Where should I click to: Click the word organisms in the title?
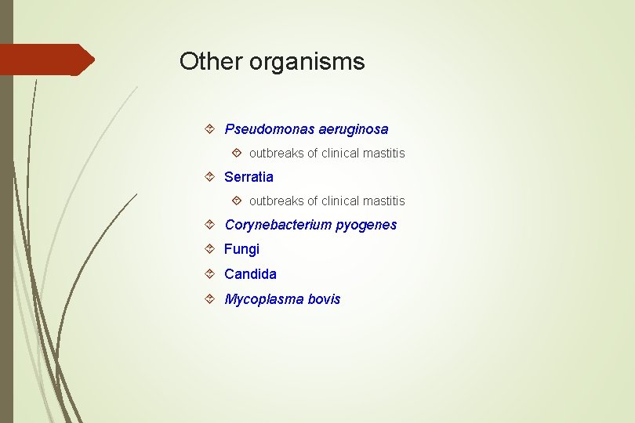coord(307,63)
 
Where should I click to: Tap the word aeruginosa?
coord(354,129)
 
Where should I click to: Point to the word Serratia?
coord(249,177)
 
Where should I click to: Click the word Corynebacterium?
coord(278,225)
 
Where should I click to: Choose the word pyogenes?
coord(366,226)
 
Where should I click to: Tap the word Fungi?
coord(241,249)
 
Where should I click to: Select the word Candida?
coord(250,274)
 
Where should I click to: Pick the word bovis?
coord(325,299)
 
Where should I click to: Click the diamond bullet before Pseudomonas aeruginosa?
coord(210,128)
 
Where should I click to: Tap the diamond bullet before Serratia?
coord(210,177)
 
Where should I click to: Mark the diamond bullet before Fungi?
coord(210,249)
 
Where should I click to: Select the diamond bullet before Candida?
coord(210,274)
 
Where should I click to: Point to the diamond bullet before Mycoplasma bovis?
coord(210,299)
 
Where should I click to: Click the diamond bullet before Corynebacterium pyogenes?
coord(210,225)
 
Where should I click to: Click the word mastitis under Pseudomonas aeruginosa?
coord(384,154)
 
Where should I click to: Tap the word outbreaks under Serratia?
coord(277,201)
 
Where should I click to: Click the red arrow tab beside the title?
coord(47,60)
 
